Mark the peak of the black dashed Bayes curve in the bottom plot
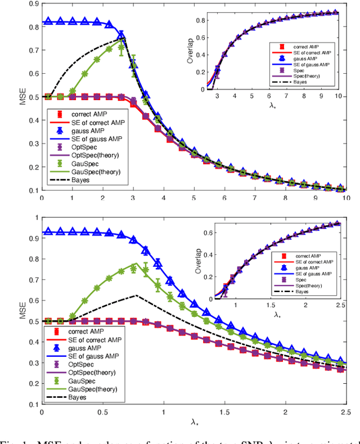pos(136,295)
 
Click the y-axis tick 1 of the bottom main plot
pos(36,218)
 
